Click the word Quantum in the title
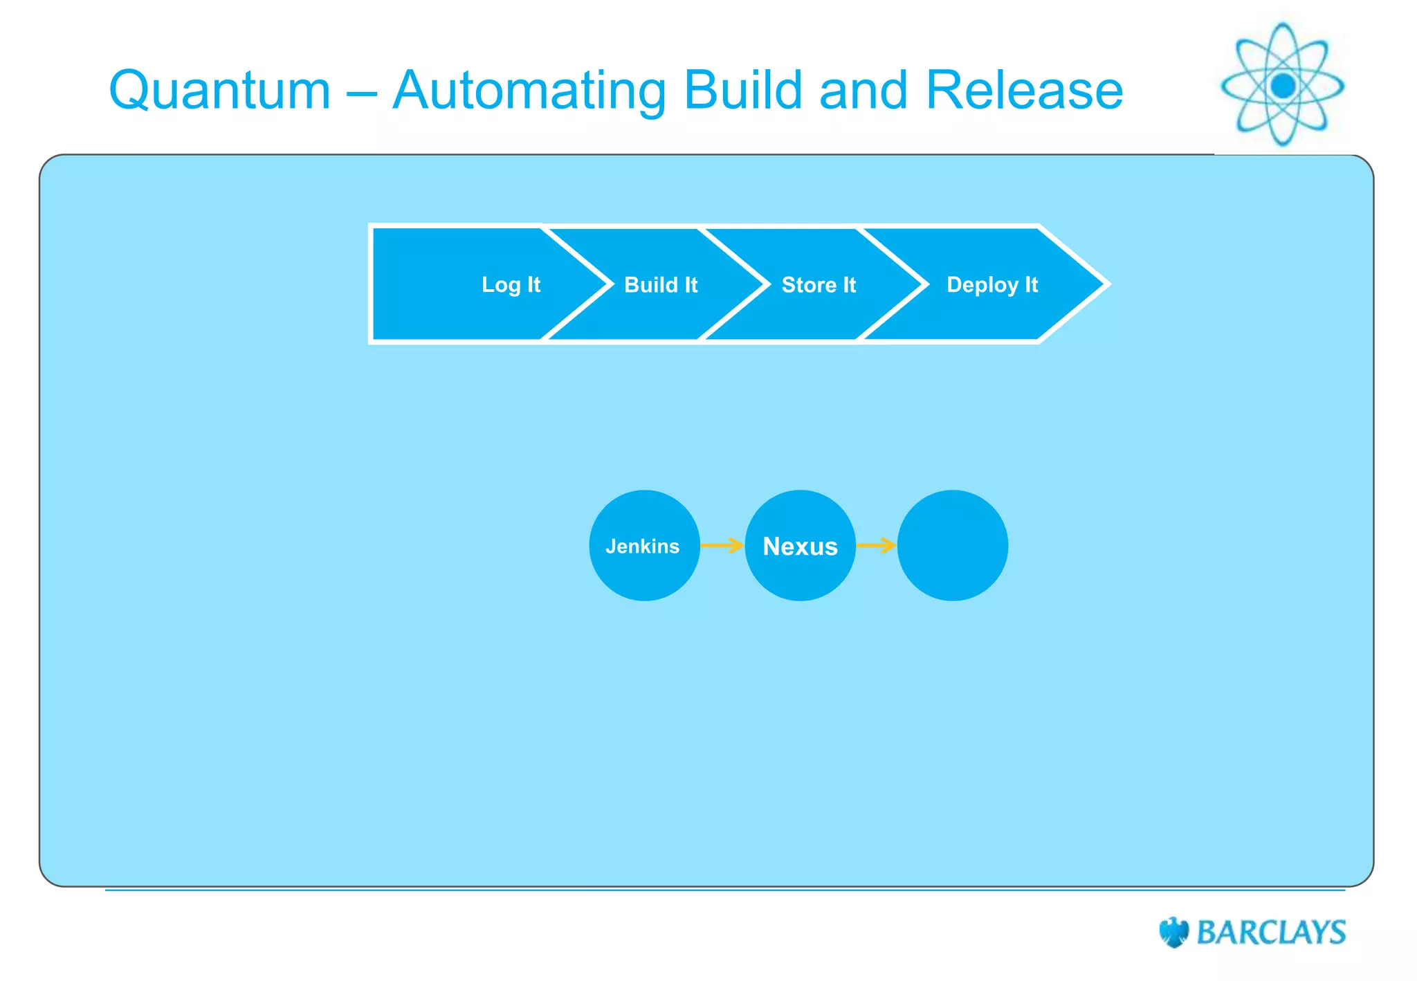(220, 91)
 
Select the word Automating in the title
(529, 91)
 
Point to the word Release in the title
(1024, 90)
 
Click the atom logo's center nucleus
(1283, 86)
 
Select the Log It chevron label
(511, 284)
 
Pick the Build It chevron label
(661, 284)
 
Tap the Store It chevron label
(819, 284)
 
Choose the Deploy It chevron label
(991, 284)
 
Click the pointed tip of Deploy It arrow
(1105, 284)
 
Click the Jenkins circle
(644, 546)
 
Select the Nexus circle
(800, 546)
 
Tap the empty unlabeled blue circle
(952, 546)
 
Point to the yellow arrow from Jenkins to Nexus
(722, 546)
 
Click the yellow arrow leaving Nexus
(876, 546)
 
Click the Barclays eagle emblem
(1173, 932)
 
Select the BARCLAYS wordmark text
(1271, 933)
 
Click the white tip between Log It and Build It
(610, 284)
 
